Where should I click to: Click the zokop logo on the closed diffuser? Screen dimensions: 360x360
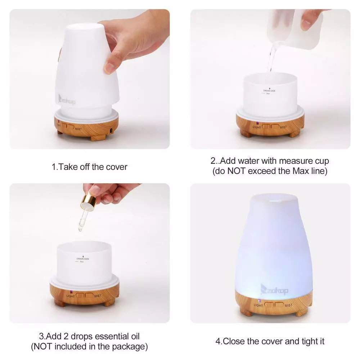(x=274, y=289)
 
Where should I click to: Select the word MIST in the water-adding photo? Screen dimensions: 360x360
(x=283, y=127)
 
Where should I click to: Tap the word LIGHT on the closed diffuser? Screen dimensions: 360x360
(x=258, y=305)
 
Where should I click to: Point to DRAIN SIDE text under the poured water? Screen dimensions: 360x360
(x=269, y=91)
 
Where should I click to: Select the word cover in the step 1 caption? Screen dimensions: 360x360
(x=117, y=167)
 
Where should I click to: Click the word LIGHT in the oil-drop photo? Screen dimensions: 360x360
(x=71, y=296)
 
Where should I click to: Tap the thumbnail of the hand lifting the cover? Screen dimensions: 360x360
(x=89, y=79)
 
